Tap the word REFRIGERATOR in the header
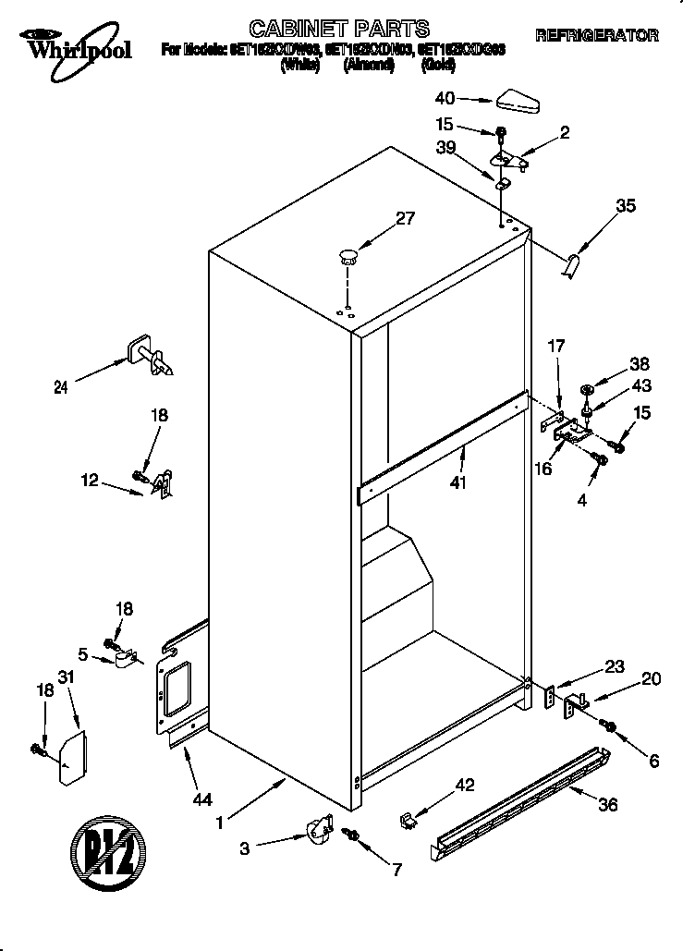click(597, 36)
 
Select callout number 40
click(445, 98)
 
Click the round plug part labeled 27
click(348, 255)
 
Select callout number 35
click(625, 207)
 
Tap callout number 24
click(60, 389)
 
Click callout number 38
click(639, 363)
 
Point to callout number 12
click(89, 481)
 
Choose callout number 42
click(464, 786)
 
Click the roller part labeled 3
click(319, 827)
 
